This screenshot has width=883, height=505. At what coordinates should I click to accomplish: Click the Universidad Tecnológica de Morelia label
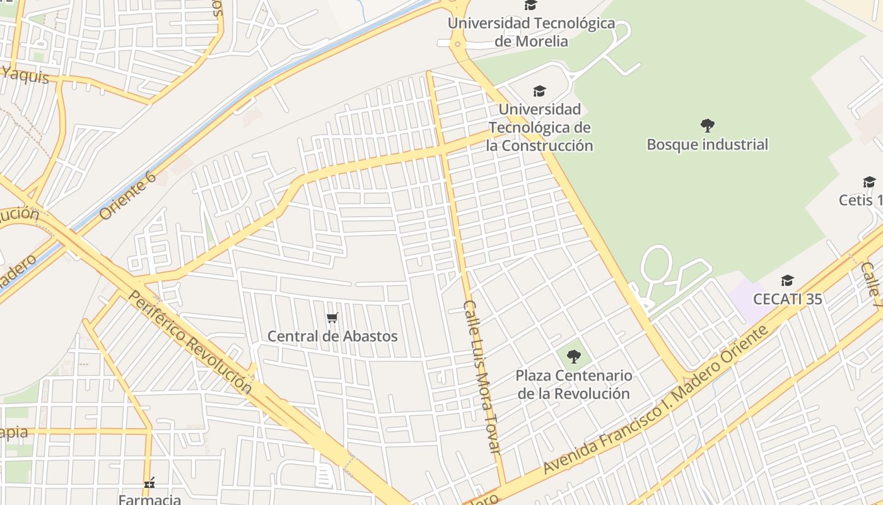coord(531,32)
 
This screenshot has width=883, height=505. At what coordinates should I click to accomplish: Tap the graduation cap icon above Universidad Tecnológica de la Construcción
coord(539,92)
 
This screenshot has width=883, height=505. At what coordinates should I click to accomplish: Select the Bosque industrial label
coord(707,145)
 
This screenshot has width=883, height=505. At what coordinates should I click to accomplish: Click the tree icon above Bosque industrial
coord(707,125)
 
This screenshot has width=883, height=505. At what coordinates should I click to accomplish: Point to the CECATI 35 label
coord(788,299)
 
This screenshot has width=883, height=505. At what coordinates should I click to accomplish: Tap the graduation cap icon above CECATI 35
coord(787,280)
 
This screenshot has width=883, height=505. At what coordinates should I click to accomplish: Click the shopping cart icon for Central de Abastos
coord(332,318)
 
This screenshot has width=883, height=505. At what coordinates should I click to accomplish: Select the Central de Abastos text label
coord(332,336)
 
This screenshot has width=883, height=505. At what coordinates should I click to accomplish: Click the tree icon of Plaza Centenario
coord(573,357)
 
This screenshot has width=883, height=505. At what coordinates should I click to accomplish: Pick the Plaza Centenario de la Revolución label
coord(573,384)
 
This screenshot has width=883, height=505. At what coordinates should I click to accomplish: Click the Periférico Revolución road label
coord(190,342)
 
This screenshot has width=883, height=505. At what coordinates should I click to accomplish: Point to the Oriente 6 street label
coord(127,195)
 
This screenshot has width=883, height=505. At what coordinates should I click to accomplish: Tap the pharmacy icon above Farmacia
coord(149,484)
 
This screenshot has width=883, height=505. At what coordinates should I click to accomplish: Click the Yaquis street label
coord(25,75)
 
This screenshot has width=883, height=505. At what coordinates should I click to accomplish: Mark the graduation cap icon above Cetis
coord(869,182)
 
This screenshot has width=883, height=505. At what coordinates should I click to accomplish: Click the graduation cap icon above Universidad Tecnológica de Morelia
coord(530,6)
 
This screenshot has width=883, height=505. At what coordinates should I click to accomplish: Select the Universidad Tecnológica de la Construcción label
coord(539,128)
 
